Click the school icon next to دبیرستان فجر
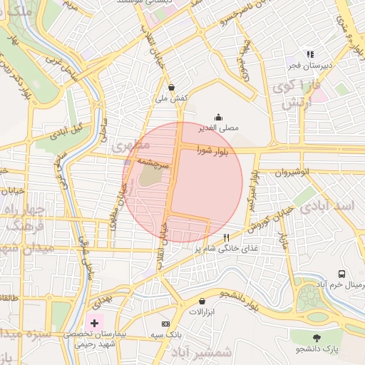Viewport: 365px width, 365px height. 309,54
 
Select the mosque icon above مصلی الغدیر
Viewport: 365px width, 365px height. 217,118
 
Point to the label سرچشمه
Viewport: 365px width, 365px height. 152,163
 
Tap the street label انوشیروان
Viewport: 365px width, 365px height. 289,173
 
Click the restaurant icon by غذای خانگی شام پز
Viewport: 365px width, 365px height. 227,237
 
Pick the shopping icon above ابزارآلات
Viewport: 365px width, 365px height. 202,302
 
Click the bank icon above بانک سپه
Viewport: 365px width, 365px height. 166,323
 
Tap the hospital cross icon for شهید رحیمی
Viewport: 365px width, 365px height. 94,323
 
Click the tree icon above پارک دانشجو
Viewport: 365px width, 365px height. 317,337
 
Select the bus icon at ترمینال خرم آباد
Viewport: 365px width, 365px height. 342,274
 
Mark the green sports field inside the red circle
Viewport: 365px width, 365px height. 148,176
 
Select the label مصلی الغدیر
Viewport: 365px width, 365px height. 217,129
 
